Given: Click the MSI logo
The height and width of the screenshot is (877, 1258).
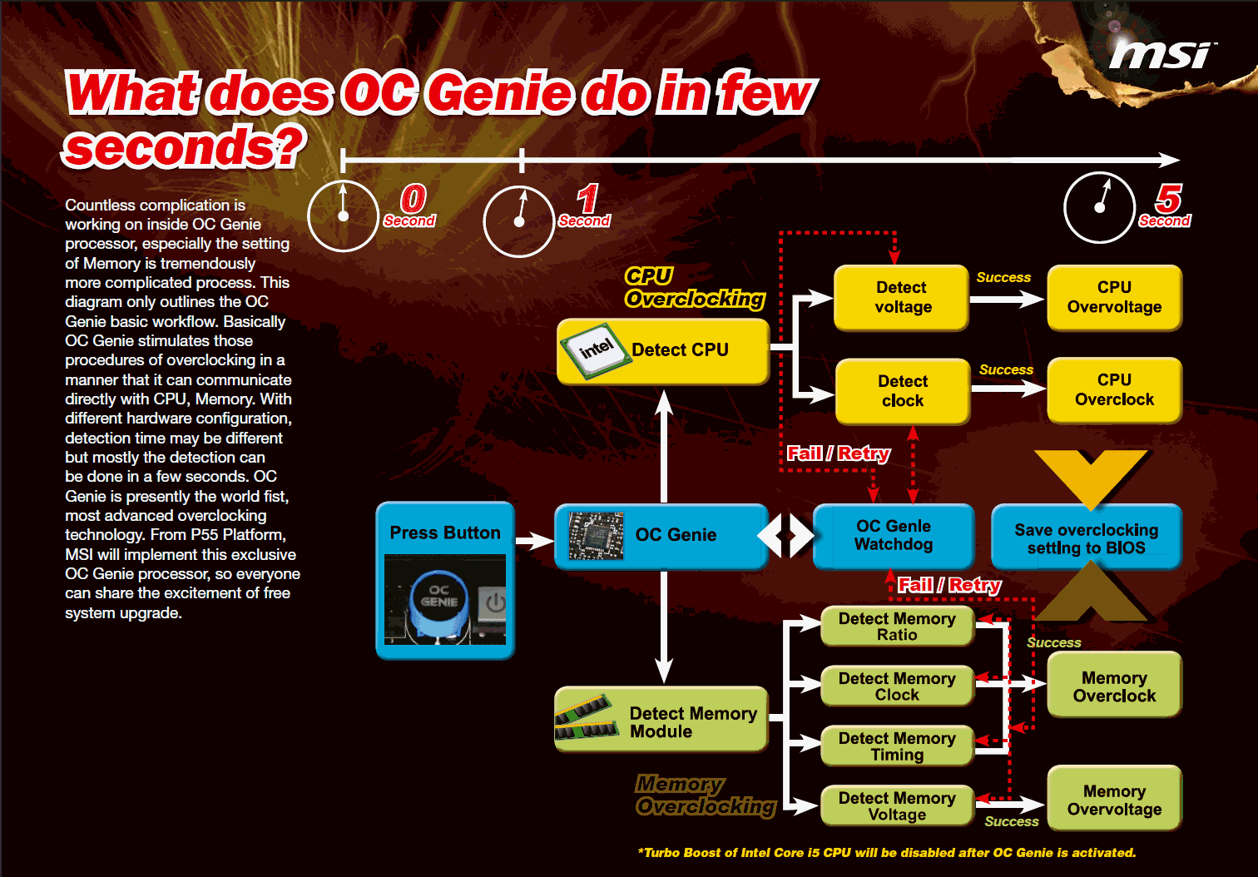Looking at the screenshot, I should click(x=1162, y=55).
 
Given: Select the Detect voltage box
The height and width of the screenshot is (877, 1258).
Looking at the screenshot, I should click(x=902, y=298).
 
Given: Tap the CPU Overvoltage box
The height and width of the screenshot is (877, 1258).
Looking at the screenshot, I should click(x=1114, y=298).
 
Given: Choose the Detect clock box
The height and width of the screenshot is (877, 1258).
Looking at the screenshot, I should click(x=903, y=391).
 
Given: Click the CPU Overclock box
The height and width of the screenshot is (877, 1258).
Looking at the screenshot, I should click(x=1114, y=390).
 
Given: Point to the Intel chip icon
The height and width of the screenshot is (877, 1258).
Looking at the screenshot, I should click(x=594, y=350).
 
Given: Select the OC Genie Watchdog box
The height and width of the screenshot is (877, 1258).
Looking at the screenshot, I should click(x=894, y=536).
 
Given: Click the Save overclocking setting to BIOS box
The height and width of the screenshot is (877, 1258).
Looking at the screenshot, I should click(x=1086, y=538).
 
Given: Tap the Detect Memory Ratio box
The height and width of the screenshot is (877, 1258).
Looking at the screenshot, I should click(x=897, y=627).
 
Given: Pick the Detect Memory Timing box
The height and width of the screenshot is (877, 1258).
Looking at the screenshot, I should click(x=897, y=746).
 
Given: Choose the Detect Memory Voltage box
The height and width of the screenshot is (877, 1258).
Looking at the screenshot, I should click(x=897, y=806).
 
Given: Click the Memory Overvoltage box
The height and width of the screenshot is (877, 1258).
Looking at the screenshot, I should click(x=1114, y=800).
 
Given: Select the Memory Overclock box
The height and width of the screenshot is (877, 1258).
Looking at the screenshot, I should click(x=1114, y=686).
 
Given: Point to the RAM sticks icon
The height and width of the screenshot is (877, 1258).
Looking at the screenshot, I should click(x=587, y=717).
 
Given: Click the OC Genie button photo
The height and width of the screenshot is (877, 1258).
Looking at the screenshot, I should click(x=445, y=600).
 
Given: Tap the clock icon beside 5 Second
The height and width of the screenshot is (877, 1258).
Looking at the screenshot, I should click(x=1100, y=207).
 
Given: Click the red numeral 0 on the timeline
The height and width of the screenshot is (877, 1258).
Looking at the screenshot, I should click(x=413, y=199).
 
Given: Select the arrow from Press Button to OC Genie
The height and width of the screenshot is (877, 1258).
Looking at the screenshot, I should click(x=534, y=542).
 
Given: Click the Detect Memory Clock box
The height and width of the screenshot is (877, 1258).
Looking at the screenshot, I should click(x=897, y=686).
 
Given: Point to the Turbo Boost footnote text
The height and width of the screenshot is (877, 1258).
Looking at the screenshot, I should click(x=886, y=853).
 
